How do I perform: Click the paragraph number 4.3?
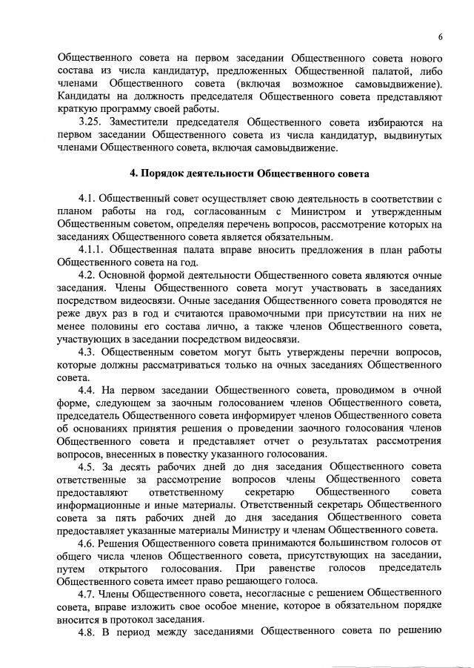click(90, 350)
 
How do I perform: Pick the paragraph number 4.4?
click(90, 389)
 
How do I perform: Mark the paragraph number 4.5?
click(90, 468)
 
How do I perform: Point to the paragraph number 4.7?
click(90, 594)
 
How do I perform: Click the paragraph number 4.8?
click(90, 632)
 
